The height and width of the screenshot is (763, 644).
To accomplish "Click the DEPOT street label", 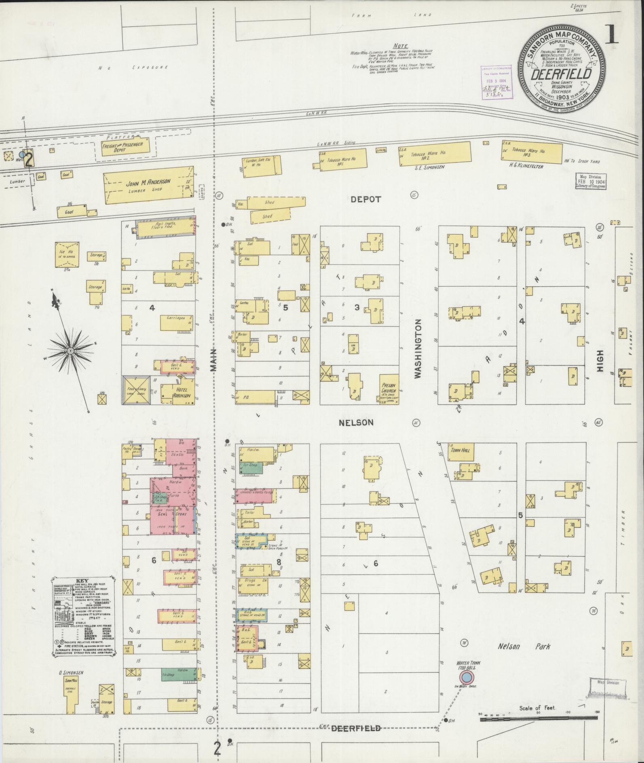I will (x=365, y=199).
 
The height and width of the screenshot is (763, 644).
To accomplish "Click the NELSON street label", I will (x=356, y=423).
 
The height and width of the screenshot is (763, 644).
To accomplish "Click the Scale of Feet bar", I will (x=538, y=719).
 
